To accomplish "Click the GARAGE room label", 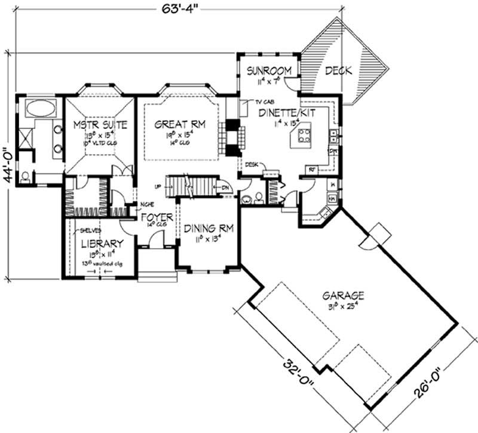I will click(344, 296).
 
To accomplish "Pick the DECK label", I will click(338, 70).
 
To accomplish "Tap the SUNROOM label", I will click(270, 70).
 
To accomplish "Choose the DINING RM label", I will click(209, 229).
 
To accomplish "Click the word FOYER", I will click(157, 216).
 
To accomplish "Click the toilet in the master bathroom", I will click(24, 177).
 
